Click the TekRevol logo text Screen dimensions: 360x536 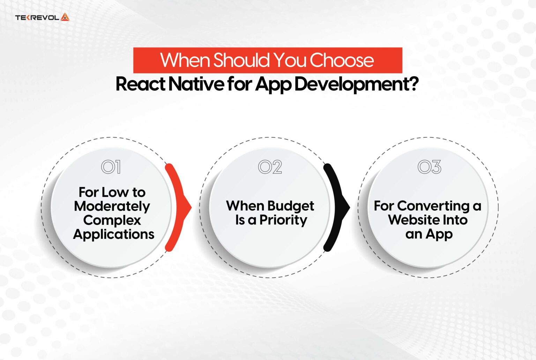point(37,17)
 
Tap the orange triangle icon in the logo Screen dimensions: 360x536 point(65,17)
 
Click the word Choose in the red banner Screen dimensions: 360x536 point(342,60)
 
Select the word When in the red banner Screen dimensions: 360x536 point(185,60)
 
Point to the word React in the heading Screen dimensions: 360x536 point(140,84)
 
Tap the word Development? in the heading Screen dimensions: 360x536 point(356,85)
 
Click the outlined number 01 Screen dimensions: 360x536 point(111,167)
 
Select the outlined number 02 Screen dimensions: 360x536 point(270,167)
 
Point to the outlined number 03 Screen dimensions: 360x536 point(429,167)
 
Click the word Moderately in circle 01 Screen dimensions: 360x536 point(112,206)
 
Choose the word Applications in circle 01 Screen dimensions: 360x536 point(114,234)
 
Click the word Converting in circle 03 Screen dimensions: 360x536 point(433,206)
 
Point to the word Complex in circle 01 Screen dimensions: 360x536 point(112,220)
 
